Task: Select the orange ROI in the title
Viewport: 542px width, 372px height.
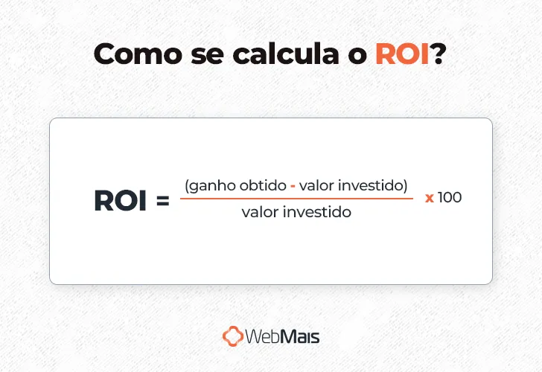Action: (403, 54)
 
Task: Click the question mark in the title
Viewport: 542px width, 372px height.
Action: (439, 54)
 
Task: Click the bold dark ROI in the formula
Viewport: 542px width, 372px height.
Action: (120, 201)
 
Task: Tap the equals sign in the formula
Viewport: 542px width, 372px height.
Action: (163, 202)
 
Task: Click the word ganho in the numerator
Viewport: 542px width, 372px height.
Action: (208, 185)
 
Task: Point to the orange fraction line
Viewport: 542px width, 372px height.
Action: (296, 199)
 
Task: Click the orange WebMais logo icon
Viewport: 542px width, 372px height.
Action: (233, 336)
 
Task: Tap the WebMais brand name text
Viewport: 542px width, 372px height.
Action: (284, 336)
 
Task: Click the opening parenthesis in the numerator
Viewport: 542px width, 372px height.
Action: (186, 185)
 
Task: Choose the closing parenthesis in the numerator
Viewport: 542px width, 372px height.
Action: (405, 185)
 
